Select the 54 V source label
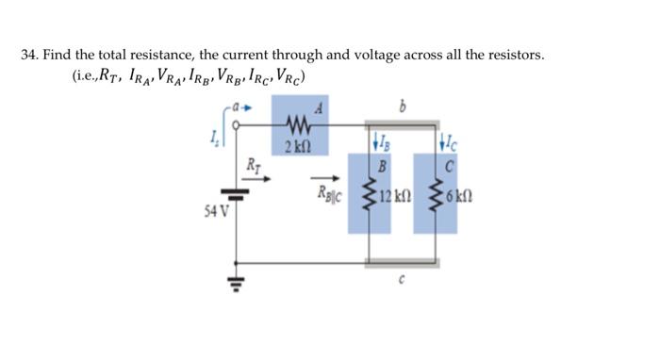[x=216, y=207]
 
